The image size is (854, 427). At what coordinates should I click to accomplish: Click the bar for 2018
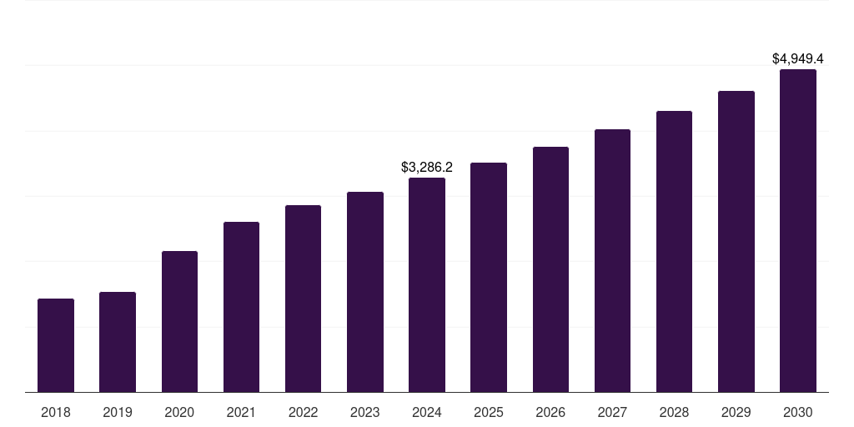pyautogui.click(x=56, y=345)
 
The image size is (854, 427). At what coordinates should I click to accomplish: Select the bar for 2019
pyautogui.click(x=118, y=342)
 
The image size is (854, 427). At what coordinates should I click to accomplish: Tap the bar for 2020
pyautogui.click(x=179, y=321)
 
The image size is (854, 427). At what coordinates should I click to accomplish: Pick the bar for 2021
pyautogui.click(x=241, y=307)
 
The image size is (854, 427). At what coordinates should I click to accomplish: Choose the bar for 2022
pyautogui.click(x=303, y=299)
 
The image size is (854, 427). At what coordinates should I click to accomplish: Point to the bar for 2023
pyautogui.click(x=364, y=292)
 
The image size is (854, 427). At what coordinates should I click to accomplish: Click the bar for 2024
pyautogui.click(x=427, y=284)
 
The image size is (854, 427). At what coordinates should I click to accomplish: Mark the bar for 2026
pyautogui.click(x=550, y=269)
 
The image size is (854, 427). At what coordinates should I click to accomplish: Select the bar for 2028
pyautogui.click(x=674, y=251)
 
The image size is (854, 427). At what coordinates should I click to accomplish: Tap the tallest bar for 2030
pyautogui.click(x=797, y=230)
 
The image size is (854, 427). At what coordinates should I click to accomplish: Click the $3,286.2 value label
pyautogui.click(x=427, y=168)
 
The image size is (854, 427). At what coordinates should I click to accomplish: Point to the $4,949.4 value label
pyautogui.click(x=797, y=59)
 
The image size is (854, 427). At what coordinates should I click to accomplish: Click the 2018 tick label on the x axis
pyautogui.click(x=56, y=412)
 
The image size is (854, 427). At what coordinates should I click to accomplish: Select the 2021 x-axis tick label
pyautogui.click(x=241, y=412)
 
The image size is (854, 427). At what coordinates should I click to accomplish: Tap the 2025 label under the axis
pyautogui.click(x=489, y=412)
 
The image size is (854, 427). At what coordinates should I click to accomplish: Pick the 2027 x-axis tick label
pyautogui.click(x=612, y=412)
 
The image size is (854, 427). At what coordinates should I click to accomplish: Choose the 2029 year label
pyautogui.click(x=736, y=412)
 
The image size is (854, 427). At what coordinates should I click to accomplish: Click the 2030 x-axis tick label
pyautogui.click(x=797, y=412)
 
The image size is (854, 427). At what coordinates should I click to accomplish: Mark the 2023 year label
pyautogui.click(x=364, y=412)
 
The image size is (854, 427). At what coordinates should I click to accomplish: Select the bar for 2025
pyautogui.click(x=489, y=277)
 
